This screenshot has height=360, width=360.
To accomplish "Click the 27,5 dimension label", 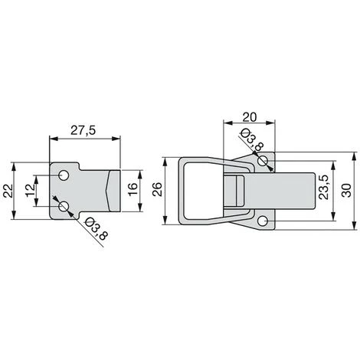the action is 83,130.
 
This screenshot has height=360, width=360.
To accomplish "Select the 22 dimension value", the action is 8,191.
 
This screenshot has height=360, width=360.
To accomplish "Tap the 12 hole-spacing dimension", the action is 30,190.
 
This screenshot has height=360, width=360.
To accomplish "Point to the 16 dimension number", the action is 133,189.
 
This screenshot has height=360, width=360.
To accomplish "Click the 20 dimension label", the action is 249,117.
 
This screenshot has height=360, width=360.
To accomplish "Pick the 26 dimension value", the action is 157,189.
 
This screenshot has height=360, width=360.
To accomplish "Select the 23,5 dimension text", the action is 323,187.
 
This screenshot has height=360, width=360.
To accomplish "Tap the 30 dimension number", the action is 346,191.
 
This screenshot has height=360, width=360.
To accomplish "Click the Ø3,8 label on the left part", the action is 95,228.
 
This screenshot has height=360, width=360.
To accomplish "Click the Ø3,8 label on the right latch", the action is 252,140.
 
